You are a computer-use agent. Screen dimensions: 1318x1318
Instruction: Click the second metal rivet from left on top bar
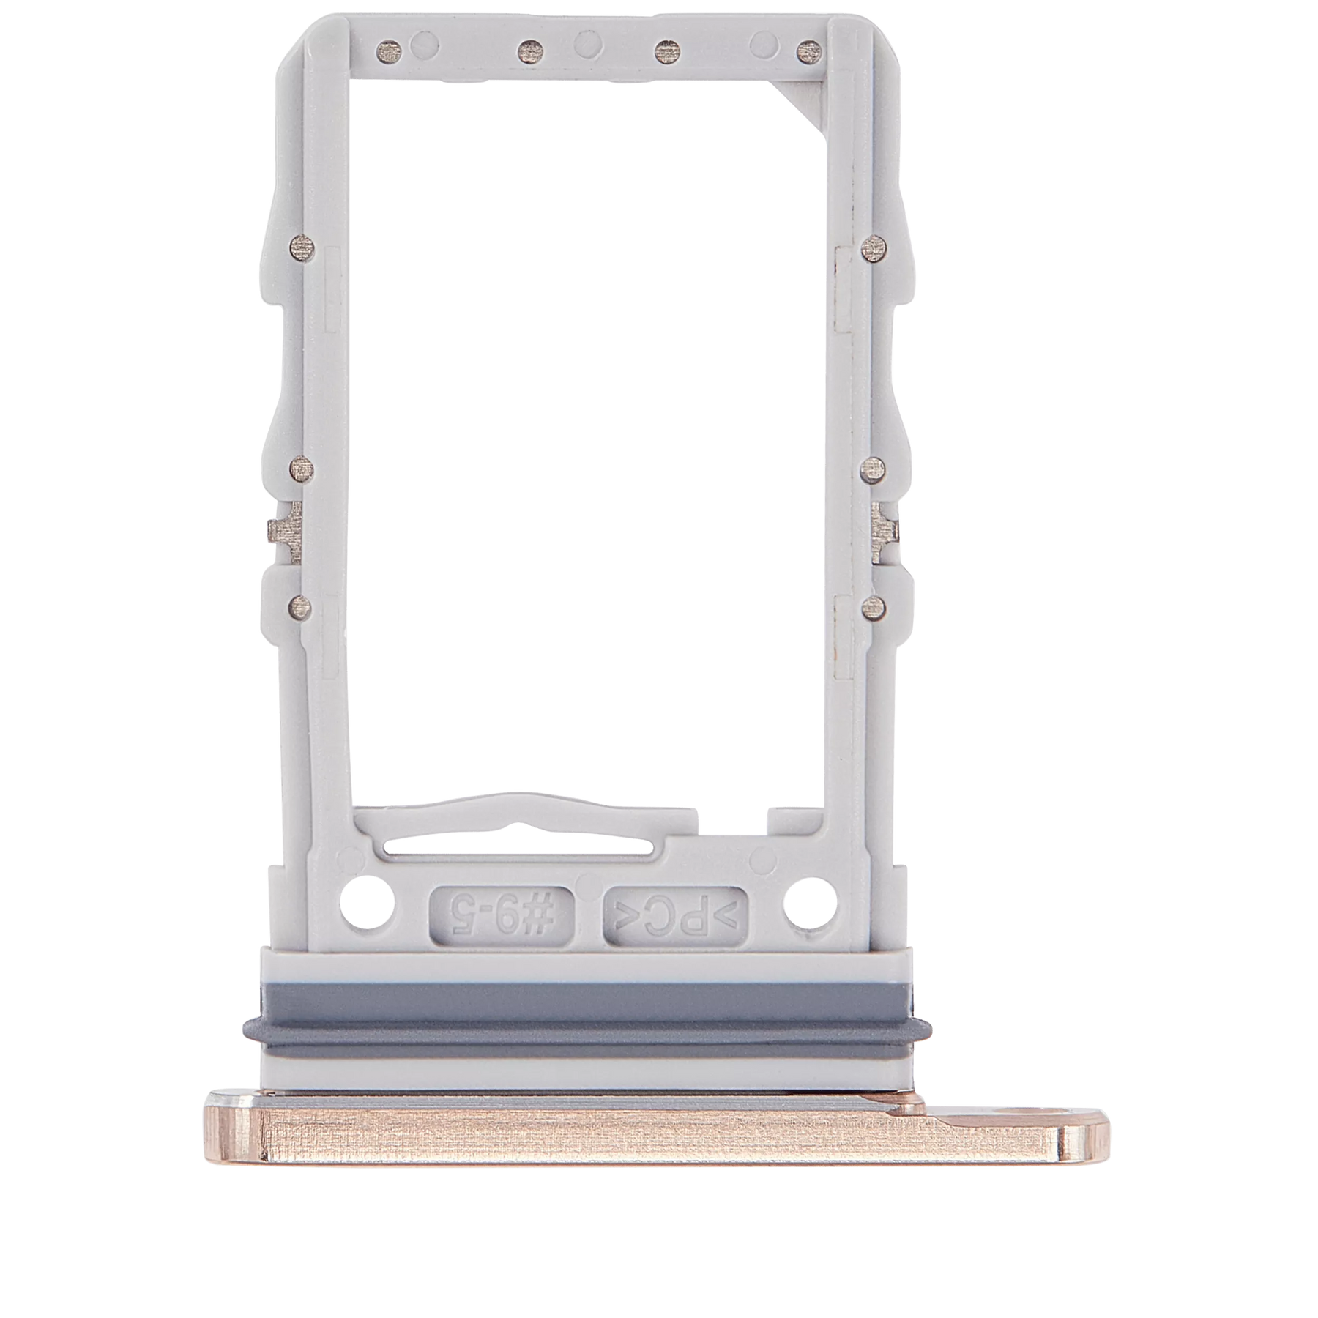point(528,51)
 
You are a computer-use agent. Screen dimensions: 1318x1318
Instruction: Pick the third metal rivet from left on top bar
point(665,51)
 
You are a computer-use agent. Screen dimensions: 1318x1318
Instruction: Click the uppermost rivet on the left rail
point(301,244)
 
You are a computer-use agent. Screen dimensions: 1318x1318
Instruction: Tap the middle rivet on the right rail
point(873,467)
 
